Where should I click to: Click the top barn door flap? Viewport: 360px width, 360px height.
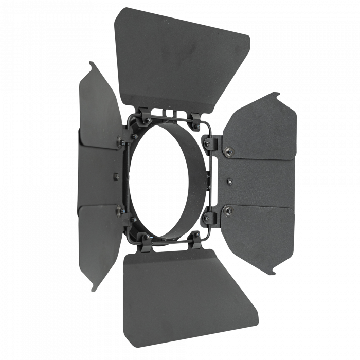pos(180,57)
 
